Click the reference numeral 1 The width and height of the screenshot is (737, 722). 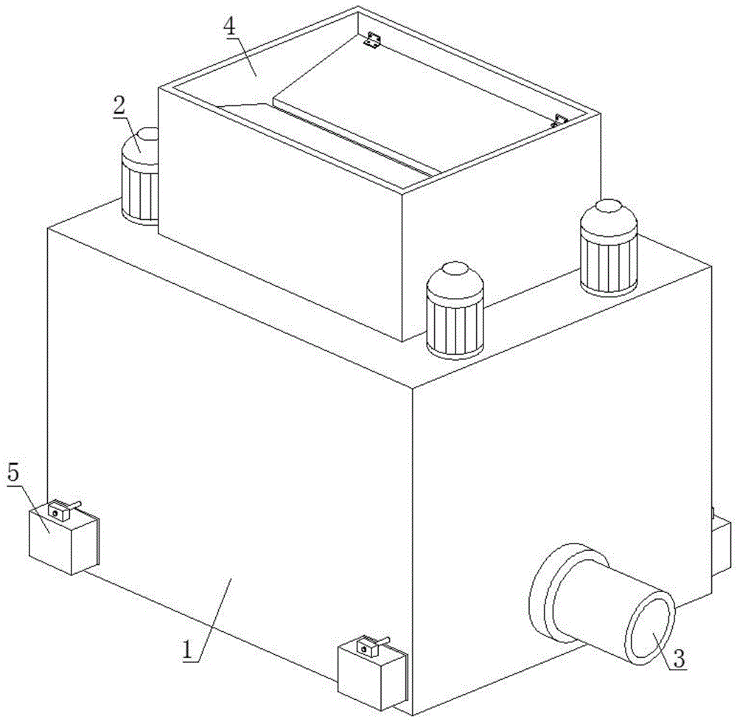pyautogui.click(x=188, y=650)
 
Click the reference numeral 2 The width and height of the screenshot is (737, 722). pyautogui.click(x=119, y=106)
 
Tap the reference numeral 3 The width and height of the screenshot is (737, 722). pyautogui.click(x=680, y=659)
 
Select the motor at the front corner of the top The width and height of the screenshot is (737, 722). pyautogui.click(x=455, y=310)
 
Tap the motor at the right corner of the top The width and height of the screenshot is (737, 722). pyautogui.click(x=609, y=248)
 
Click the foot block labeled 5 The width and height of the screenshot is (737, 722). pyautogui.click(x=64, y=540)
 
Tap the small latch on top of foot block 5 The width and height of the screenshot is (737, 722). pyautogui.click(x=61, y=510)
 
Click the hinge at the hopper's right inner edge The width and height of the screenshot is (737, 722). pyautogui.click(x=559, y=121)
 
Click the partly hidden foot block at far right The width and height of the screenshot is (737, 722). pyautogui.click(x=722, y=546)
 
